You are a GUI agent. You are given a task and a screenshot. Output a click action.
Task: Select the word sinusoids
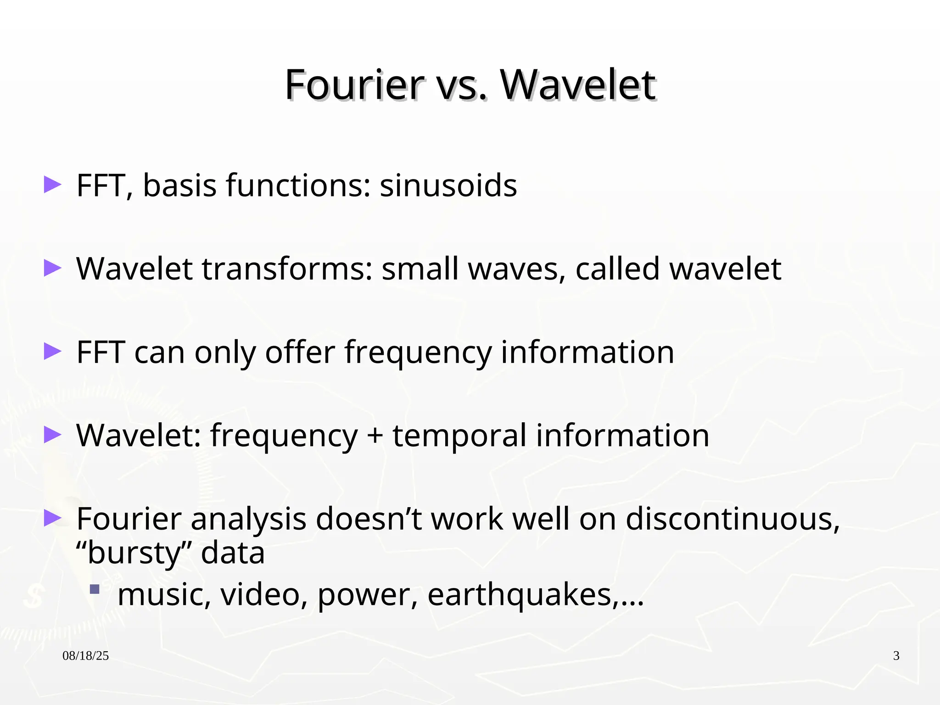pos(448,186)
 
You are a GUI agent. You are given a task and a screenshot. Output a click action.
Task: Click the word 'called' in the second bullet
pos(618,269)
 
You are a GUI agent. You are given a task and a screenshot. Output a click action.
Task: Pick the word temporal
pos(459,436)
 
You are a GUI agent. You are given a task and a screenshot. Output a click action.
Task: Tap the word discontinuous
pos(732,519)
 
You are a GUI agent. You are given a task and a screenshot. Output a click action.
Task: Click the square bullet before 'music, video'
pos(95,589)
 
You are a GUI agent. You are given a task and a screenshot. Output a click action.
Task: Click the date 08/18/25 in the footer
pos(85,656)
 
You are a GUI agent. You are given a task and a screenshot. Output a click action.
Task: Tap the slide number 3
pos(896,656)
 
